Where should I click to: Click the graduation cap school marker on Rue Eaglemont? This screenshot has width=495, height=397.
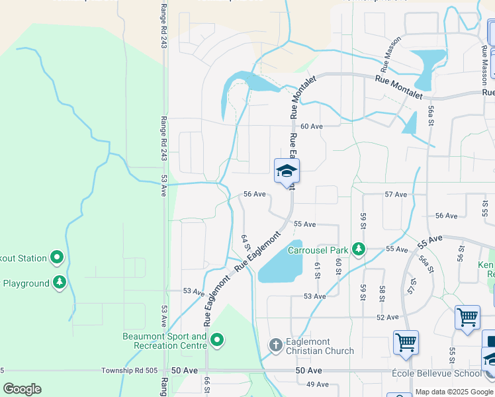point(287,171)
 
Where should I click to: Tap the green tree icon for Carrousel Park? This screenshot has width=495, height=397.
point(359,249)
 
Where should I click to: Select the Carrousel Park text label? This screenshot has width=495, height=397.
point(318,250)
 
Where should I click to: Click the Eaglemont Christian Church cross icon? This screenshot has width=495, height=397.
point(276,345)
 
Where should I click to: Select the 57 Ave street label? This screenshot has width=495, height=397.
point(396,195)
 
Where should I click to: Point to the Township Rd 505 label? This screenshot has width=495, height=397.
point(132,371)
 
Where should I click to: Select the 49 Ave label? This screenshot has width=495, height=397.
point(318,384)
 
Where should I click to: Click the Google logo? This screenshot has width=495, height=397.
point(22,388)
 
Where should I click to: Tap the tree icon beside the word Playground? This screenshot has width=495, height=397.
point(60,283)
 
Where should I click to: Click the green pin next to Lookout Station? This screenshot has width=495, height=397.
point(57,258)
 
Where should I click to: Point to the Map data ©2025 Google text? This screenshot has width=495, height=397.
point(454,392)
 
